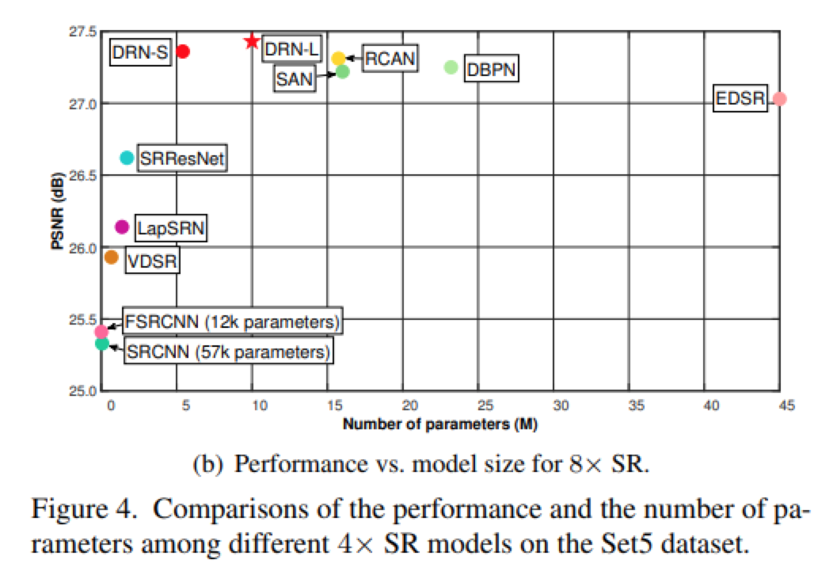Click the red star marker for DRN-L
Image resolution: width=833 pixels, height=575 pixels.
click(x=252, y=40)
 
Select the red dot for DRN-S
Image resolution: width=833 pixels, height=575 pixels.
click(x=183, y=51)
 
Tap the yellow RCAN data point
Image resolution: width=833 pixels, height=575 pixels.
click(x=338, y=58)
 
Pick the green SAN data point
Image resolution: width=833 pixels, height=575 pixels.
click(x=343, y=72)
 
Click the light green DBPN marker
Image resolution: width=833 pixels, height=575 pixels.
click(x=451, y=67)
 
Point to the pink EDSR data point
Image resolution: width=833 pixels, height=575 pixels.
click(x=779, y=99)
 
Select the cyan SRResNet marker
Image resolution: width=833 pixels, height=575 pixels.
click(x=127, y=158)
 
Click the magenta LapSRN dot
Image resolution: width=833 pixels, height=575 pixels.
click(x=122, y=227)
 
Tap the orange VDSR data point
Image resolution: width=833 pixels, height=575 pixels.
click(x=112, y=257)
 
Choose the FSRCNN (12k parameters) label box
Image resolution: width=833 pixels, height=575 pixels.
click(x=230, y=322)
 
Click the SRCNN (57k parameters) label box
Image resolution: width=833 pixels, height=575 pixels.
click(x=226, y=351)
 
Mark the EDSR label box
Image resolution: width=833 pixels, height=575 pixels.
click(x=740, y=100)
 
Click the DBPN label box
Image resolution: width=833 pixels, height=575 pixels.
click(x=491, y=70)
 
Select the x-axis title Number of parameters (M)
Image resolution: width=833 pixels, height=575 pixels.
click(x=440, y=425)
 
